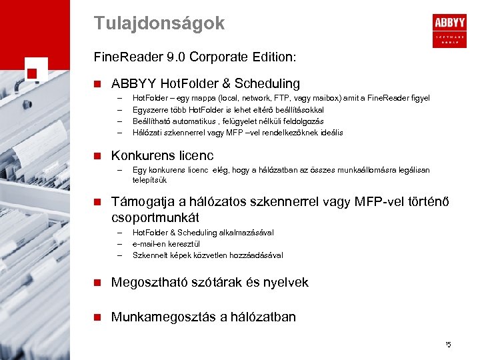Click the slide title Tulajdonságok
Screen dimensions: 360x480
click(159, 23)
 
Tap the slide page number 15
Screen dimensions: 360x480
click(448, 345)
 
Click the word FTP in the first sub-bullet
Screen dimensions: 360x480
click(265, 98)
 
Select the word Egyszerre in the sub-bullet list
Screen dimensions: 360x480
click(149, 109)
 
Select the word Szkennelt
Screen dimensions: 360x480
click(149, 255)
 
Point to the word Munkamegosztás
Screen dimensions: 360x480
click(163, 317)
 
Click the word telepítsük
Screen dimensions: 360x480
click(150, 180)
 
